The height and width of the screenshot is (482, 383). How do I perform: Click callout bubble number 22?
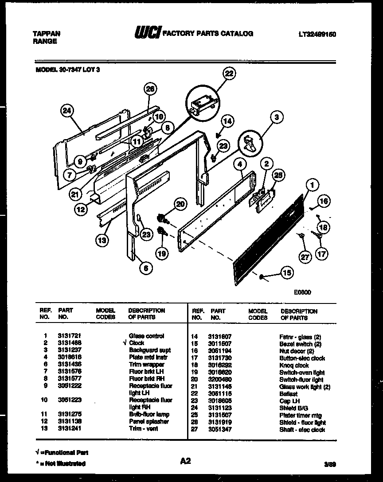click(228, 74)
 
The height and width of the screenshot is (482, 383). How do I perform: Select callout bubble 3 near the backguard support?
click(276, 117)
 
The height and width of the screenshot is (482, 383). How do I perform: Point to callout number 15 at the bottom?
click(287, 273)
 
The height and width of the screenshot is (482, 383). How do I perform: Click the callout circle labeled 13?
click(102, 241)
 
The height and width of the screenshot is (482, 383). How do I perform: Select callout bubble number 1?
click(312, 185)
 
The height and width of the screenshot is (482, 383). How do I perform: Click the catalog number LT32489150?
click(317, 34)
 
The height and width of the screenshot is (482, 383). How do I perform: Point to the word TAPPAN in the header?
click(47, 34)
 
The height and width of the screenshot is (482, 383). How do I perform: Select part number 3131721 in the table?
click(69, 336)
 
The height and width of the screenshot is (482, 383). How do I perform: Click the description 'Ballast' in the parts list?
click(288, 393)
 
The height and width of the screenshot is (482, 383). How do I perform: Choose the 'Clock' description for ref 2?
click(137, 343)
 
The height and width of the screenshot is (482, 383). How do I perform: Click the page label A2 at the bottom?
click(185, 461)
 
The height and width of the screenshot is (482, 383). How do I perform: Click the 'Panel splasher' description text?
click(149, 422)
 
